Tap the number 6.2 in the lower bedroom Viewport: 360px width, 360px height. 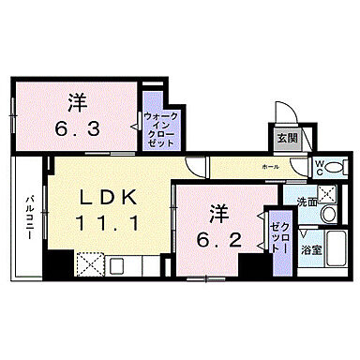point(217,239)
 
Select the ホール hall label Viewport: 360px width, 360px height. point(270,166)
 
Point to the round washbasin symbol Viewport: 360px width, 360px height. point(328,217)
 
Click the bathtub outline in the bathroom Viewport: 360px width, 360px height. point(329,250)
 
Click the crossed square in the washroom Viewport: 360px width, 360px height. point(327,194)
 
